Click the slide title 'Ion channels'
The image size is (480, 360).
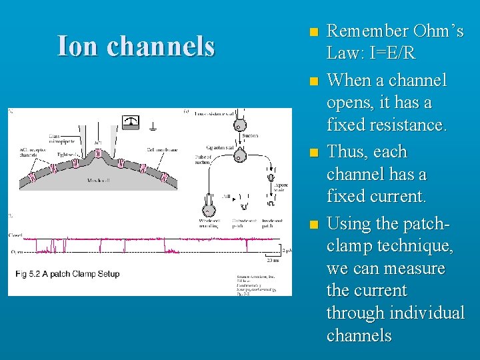(136, 47)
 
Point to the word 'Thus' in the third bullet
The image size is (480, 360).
(350, 152)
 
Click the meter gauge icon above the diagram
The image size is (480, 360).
(131, 121)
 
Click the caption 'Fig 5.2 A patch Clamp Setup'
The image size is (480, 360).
(67, 274)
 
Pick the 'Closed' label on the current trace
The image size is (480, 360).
(16, 236)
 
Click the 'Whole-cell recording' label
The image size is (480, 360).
(211, 223)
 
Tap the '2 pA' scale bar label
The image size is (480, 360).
(285, 251)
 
